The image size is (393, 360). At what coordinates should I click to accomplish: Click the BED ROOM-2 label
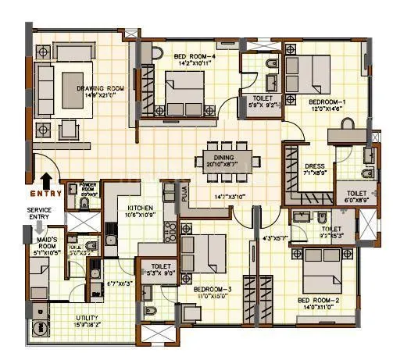pyautogui.click(x=318, y=301)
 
